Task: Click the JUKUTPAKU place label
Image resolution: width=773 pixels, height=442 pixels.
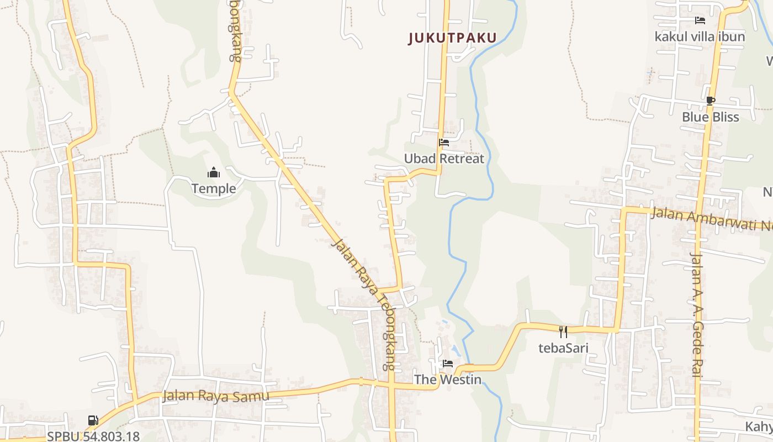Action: (x=453, y=38)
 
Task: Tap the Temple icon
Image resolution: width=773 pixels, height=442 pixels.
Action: (x=214, y=173)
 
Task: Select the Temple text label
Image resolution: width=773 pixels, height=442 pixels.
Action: (x=214, y=189)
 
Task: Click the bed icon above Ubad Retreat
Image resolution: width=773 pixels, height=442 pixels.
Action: (x=443, y=143)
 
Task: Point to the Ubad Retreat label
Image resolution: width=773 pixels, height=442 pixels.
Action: (x=444, y=159)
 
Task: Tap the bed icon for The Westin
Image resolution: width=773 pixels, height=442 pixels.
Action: (x=448, y=364)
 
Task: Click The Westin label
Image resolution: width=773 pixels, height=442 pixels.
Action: (x=448, y=380)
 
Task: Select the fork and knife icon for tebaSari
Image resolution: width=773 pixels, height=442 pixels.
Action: (x=563, y=332)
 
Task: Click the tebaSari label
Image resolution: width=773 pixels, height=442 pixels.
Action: (x=563, y=348)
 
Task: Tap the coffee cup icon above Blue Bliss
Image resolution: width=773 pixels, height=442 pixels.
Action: (x=710, y=101)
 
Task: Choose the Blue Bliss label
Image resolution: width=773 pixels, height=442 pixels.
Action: (x=710, y=117)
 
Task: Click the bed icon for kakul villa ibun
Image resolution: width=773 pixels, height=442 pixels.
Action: (x=700, y=21)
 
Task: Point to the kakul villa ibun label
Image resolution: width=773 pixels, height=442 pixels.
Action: (x=700, y=37)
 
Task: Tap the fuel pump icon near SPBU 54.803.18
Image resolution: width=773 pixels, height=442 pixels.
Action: (x=93, y=420)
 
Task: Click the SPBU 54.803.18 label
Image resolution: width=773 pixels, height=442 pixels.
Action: (x=93, y=436)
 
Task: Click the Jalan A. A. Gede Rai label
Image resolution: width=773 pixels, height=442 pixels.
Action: (x=696, y=314)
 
